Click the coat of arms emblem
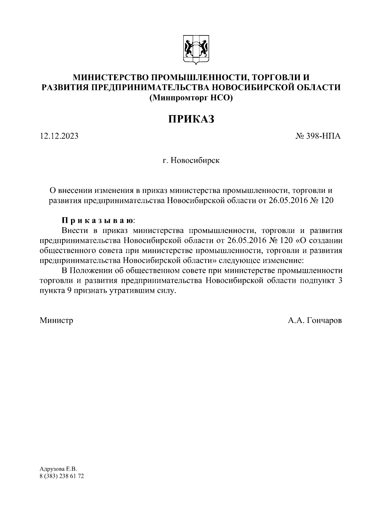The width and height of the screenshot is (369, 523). pos(195,50)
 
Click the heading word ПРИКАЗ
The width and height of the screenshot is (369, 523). pos(191,119)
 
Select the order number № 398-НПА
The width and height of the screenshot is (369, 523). pos(318,136)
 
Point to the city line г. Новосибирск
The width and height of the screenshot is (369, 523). pos(191,161)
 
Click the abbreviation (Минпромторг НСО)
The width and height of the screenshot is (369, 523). pos(191,98)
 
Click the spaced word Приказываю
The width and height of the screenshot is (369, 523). pos(98,221)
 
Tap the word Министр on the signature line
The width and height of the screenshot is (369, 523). pos(57,321)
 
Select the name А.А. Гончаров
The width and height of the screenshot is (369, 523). pos(315,321)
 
